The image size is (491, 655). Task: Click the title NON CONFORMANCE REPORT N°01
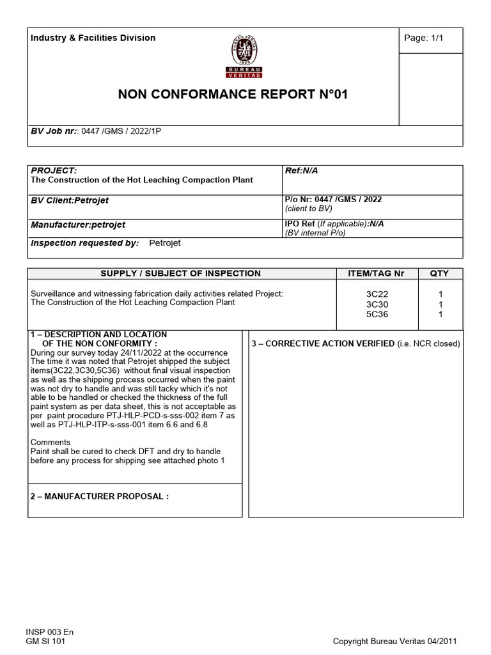point(233,95)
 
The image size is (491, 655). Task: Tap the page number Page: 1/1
point(423,38)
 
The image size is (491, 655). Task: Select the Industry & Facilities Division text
point(93,38)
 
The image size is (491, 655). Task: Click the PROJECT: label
point(54,170)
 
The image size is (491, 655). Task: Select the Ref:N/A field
point(302,170)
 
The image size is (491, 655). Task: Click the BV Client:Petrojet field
point(70,200)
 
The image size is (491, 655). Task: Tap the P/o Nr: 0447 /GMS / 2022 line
point(333,200)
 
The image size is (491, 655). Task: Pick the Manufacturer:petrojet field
point(78,225)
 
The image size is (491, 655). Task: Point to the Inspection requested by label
point(85,243)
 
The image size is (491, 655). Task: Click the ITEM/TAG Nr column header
point(376,273)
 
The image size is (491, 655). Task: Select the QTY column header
point(439,273)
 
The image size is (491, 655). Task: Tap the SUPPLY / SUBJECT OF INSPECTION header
point(181,273)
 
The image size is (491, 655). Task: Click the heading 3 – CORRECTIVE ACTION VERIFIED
point(323,343)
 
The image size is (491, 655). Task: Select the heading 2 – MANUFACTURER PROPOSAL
point(100,496)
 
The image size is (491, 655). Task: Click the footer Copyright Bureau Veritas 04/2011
point(395,642)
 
